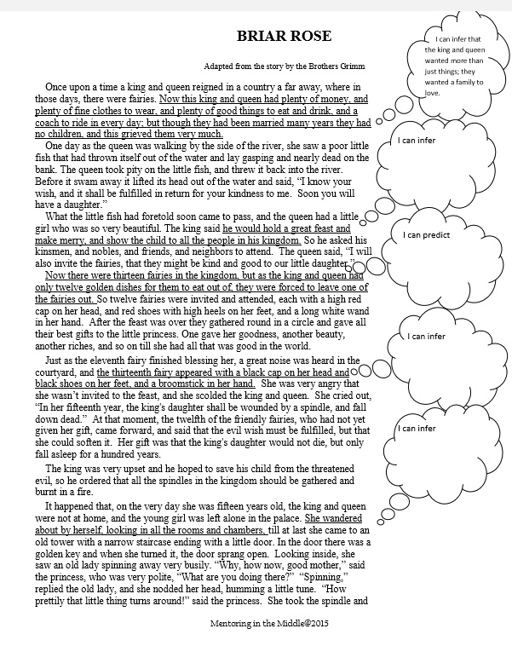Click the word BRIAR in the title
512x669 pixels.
(262, 37)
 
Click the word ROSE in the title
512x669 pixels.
(308, 37)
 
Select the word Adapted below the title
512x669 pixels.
(218, 66)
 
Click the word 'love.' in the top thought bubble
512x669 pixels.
(432, 93)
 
